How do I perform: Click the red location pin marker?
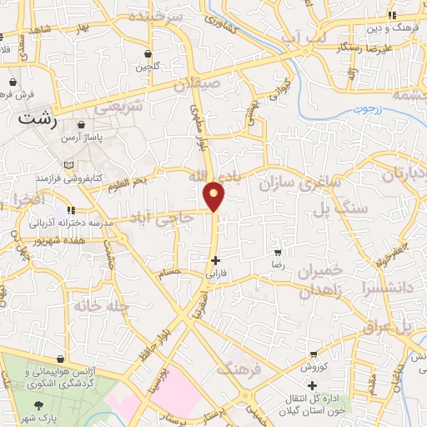(215, 195)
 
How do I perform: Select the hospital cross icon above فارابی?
(215, 260)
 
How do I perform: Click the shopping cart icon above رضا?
(279, 251)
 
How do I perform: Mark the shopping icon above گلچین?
(148, 53)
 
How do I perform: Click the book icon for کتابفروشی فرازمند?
(78, 164)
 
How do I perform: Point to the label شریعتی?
(119, 106)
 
